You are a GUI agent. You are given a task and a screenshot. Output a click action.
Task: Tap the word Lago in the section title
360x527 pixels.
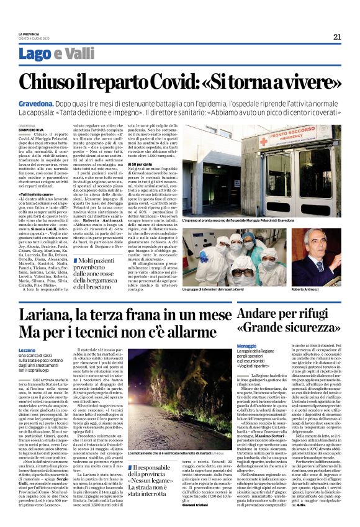click(35, 54)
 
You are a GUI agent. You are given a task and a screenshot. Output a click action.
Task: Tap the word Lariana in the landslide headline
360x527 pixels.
click(50, 312)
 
